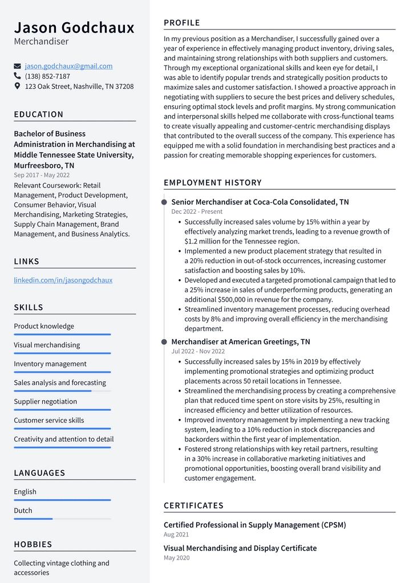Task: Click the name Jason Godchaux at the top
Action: coord(74,27)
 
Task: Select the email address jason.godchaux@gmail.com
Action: coord(68,66)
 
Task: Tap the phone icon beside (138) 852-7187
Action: coord(17,76)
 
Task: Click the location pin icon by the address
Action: coord(17,87)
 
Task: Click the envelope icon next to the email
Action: coord(17,66)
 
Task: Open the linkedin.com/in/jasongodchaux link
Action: coord(63,280)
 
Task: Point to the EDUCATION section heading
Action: coord(39,115)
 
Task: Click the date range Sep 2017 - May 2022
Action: coord(42,176)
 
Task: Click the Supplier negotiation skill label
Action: coord(45,402)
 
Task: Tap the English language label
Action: coord(25,492)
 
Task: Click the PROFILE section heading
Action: coord(182,23)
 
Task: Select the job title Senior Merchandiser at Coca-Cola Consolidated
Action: coord(260,202)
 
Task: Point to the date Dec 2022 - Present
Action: coord(197,211)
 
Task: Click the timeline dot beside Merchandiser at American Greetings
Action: coord(164,342)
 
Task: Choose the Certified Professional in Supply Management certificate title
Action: coord(254,525)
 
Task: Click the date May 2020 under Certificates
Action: coord(176,558)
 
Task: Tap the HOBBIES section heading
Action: coord(33,545)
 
